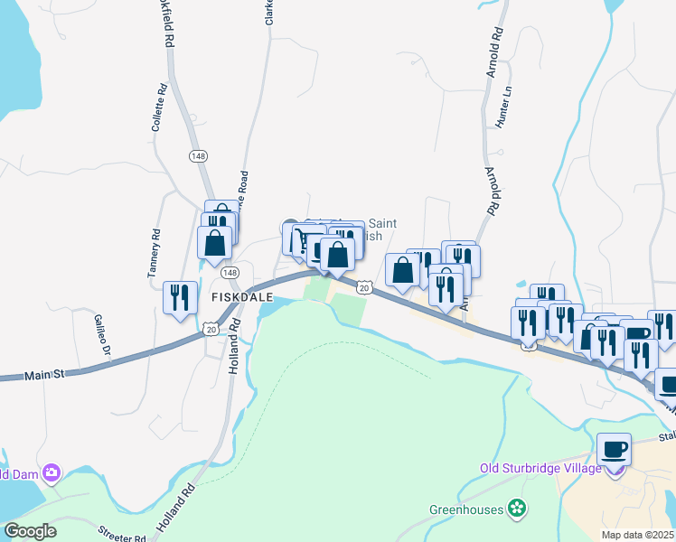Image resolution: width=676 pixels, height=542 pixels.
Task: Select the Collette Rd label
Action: [x=158, y=108]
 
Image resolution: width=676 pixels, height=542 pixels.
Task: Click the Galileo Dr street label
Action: [x=100, y=334]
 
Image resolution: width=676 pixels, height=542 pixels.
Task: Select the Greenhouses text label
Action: [x=465, y=509]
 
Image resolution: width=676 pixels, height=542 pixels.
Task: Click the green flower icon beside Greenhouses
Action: [x=517, y=509]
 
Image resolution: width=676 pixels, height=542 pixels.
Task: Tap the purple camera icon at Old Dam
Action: [x=51, y=472]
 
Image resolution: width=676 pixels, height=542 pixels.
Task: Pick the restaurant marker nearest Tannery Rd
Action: [x=178, y=297]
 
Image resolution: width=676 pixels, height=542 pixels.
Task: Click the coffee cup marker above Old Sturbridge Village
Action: [x=614, y=449]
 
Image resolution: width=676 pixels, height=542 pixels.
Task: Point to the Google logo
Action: [x=30, y=531]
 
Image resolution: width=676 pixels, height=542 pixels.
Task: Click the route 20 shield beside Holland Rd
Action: [x=211, y=330]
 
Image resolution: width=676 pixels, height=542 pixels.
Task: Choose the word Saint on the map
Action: [x=382, y=223]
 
